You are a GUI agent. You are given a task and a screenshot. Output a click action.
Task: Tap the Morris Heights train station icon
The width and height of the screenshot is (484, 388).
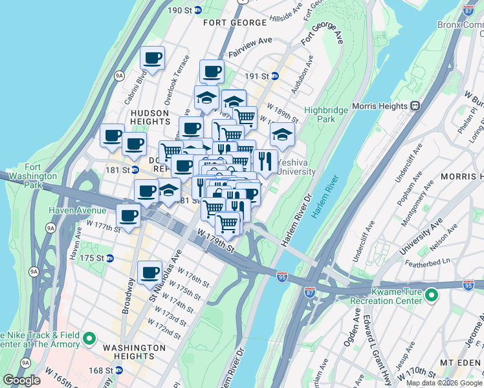point(418,106)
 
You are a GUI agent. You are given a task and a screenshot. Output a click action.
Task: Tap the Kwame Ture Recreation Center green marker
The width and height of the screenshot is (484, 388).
point(431,296)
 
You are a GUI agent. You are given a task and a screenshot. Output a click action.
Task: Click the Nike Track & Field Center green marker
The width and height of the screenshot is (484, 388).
point(90,338)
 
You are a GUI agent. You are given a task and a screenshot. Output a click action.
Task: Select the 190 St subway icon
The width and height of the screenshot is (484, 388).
point(198,10)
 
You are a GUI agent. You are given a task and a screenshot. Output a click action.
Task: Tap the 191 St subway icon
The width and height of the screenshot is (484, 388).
point(274,76)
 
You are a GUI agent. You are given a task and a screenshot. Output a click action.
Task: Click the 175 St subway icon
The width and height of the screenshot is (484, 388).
point(110,258)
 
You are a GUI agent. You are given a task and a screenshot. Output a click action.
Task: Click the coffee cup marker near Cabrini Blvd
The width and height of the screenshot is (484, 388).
point(153,58)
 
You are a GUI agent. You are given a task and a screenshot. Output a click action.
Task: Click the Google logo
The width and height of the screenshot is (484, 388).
point(21,380)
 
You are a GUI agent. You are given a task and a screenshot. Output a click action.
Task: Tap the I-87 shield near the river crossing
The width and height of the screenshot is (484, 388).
point(309,292)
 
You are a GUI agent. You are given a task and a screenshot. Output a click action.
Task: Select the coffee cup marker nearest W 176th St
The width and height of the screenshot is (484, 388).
point(151,272)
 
